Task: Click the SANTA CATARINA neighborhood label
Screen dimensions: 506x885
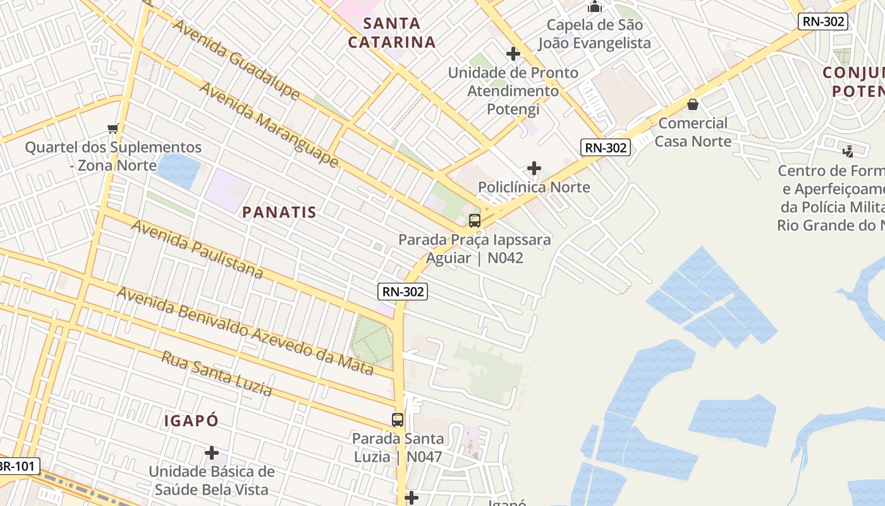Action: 392,33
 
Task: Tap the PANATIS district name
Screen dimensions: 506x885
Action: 279,213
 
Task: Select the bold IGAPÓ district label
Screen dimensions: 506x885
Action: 191,421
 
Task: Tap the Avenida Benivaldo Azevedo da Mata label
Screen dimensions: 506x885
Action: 245,331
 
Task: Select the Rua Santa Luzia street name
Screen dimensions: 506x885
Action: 217,374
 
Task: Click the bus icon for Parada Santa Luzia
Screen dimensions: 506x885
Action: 398,420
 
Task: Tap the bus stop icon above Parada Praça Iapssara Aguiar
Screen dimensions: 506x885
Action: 475,221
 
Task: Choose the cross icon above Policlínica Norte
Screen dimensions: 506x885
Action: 534,168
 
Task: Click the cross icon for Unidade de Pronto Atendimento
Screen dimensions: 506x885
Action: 513,54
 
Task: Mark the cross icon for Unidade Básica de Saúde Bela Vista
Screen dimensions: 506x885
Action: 212,453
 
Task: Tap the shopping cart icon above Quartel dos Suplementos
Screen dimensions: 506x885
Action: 113,129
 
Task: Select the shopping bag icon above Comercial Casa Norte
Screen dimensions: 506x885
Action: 693,104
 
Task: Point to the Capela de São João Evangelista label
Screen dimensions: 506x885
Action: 594,34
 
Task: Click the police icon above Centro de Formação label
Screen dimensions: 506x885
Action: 848,151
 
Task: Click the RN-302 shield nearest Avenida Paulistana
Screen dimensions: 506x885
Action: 403,292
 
